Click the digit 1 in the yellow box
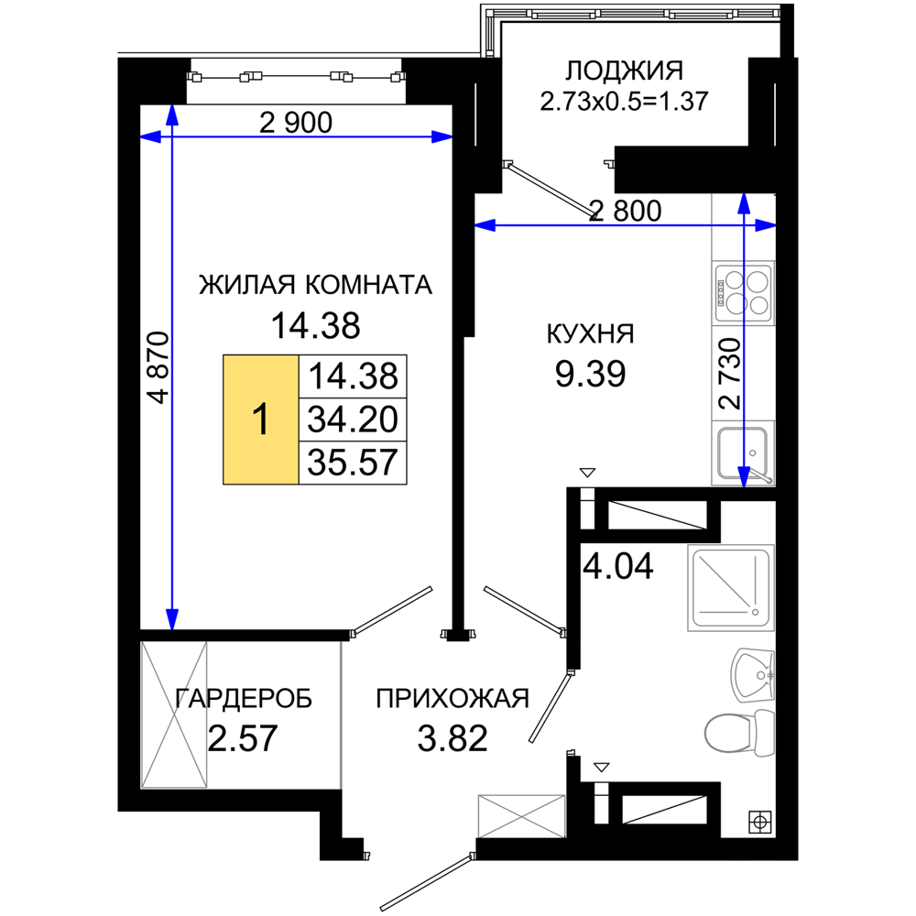point(261,420)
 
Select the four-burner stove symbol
point(744,292)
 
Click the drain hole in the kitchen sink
point(752,453)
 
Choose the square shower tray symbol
point(730,588)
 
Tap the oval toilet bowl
point(727,733)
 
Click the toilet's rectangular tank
point(763,733)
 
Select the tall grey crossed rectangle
point(175,714)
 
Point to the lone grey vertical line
point(341,714)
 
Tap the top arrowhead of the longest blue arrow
point(172,115)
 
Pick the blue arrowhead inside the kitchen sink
point(744,475)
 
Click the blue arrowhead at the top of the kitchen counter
point(744,203)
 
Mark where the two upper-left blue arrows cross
point(172,136)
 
